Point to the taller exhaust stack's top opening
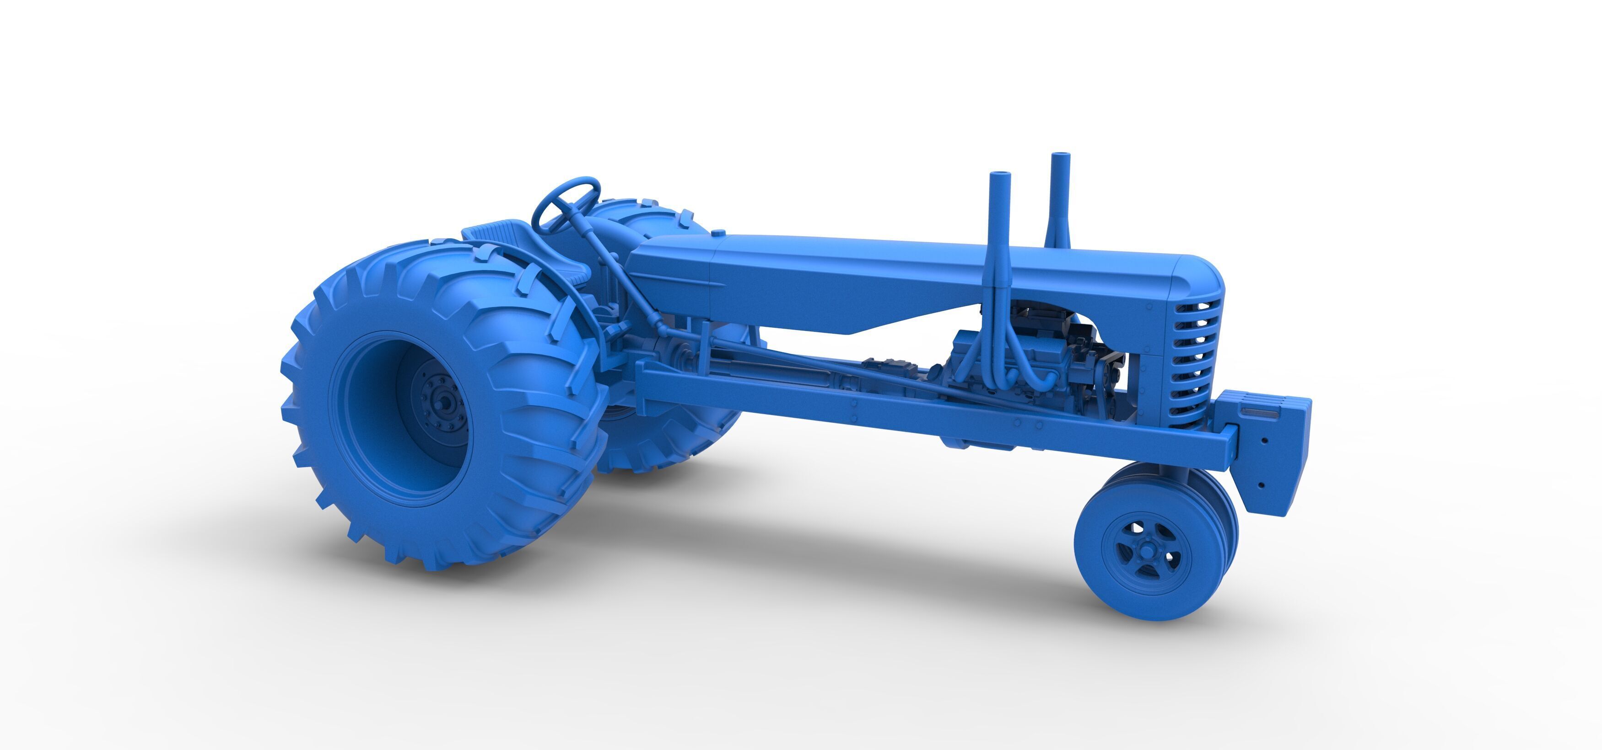pyautogui.click(x=1060, y=155)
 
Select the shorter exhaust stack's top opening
pyautogui.click(x=999, y=175)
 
